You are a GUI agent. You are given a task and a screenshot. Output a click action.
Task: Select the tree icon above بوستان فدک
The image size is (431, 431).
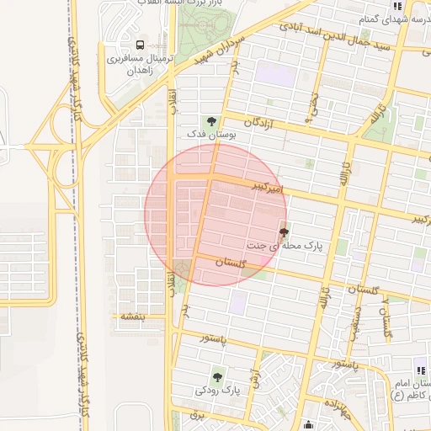211,120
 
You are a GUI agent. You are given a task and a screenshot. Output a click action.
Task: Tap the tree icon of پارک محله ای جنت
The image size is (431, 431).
283,231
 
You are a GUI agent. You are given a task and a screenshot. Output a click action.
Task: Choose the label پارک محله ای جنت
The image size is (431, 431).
285,246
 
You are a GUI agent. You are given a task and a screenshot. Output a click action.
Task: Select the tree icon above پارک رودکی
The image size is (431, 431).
218,376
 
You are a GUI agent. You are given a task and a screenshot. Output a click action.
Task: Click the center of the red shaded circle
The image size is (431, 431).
215,215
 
